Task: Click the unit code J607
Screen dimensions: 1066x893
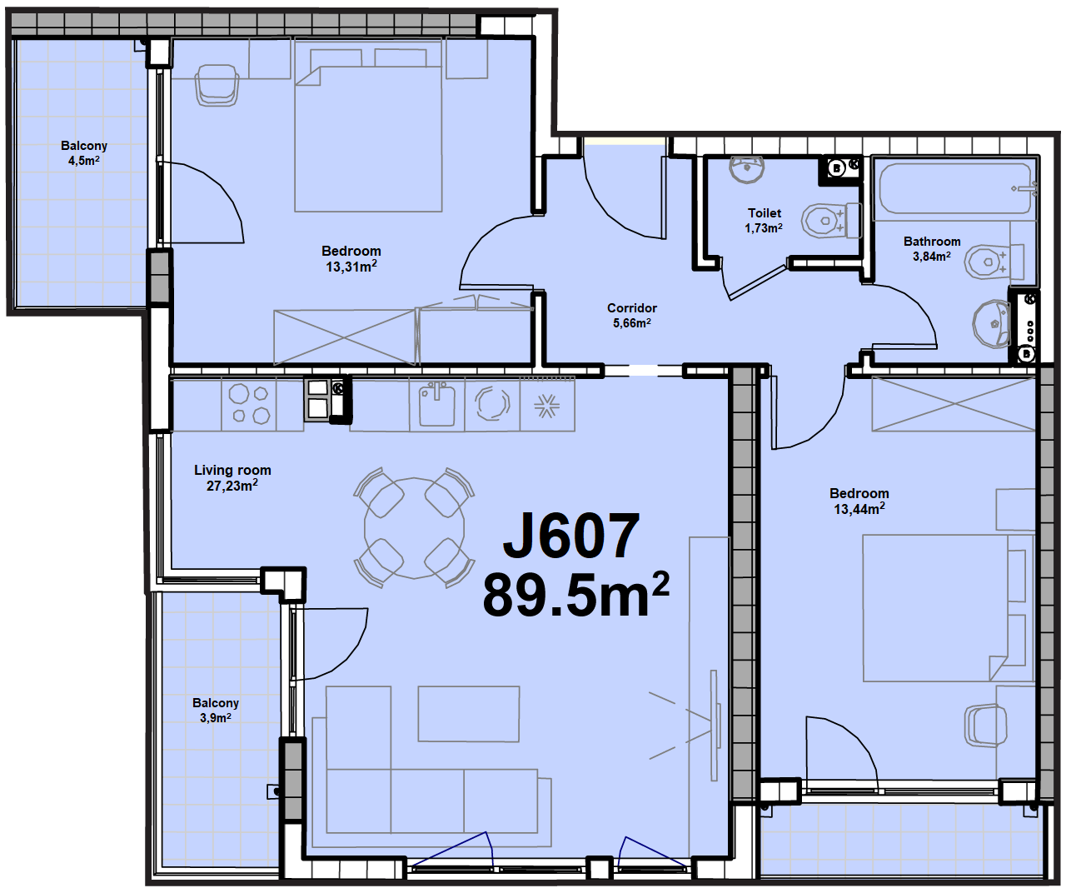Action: point(570,536)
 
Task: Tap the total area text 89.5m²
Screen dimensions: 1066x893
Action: point(575,595)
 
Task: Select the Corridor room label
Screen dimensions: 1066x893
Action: point(631,315)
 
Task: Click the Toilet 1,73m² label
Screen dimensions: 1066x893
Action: point(764,221)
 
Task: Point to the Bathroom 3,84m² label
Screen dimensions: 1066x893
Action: point(932,248)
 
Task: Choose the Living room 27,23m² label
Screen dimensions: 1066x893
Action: point(232,478)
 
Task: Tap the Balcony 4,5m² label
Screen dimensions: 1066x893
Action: point(84,153)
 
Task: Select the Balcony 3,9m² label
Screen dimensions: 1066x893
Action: point(216,711)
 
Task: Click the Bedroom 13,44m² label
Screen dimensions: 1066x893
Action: point(859,501)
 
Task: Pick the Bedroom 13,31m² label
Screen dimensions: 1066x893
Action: point(351,258)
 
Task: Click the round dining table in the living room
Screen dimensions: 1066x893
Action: point(414,528)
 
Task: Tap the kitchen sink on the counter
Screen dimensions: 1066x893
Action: point(436,406)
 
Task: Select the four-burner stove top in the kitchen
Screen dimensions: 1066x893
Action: point(249,404)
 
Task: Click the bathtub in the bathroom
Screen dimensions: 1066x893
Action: point(954,187)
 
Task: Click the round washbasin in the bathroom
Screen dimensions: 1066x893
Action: point(991,324)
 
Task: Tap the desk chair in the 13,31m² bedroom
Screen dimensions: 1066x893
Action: point(217,85)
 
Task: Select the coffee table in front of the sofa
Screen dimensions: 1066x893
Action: point(469,714)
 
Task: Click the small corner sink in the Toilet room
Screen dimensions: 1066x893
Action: point(746,169)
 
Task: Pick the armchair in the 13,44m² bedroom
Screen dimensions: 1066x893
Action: point(986,726)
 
